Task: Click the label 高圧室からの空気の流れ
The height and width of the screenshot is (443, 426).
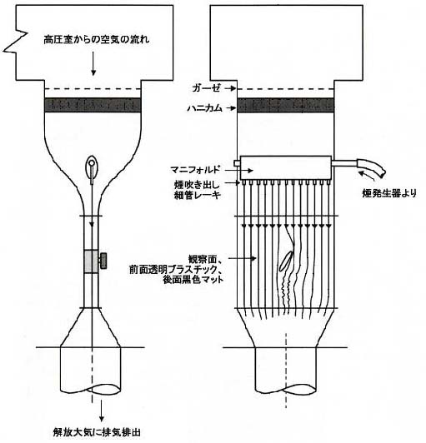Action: [97, 39]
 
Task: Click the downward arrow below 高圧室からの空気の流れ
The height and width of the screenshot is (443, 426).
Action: [93, 64]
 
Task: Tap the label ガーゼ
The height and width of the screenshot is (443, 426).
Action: [206, 88]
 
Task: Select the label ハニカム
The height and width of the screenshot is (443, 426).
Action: [205, 108]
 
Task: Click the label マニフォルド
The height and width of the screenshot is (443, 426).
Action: [195, 170]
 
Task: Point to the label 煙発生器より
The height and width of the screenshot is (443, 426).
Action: [389, 193]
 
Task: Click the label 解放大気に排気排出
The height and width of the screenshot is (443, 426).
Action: [97, 432]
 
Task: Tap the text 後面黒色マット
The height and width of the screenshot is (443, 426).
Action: [193, 280]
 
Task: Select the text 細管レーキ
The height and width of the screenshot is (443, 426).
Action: [197, 195]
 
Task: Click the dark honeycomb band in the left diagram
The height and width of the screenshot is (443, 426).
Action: [93, 105]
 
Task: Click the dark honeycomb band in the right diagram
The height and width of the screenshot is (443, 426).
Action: [285, 105]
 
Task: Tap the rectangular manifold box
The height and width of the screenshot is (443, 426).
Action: [286, 168]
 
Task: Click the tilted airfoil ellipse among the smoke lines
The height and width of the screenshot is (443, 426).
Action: [286, 261]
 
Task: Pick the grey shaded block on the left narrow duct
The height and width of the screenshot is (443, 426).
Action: [92, 261]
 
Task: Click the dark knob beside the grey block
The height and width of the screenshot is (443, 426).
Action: [103, 261]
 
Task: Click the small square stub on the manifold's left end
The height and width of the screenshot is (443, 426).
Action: [237, 163]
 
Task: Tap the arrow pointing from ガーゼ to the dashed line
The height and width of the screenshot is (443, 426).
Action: [229, 88]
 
